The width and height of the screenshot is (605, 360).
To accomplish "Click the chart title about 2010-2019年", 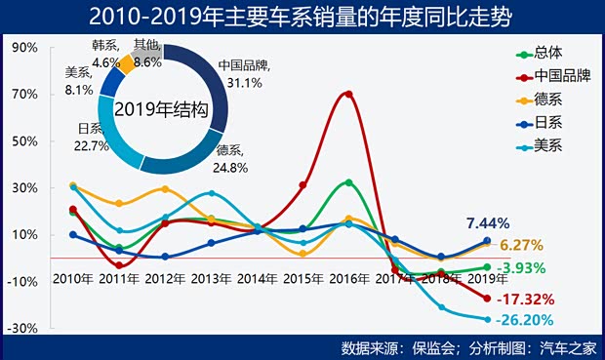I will pos(302,17).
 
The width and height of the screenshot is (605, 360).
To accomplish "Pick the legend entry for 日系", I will pos(549,123).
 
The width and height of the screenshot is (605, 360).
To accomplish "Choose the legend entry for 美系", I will pos(549,146).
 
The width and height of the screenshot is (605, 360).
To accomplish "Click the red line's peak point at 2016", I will pos(348,94).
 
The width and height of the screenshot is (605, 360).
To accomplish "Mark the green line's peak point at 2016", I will pos(348,182).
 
